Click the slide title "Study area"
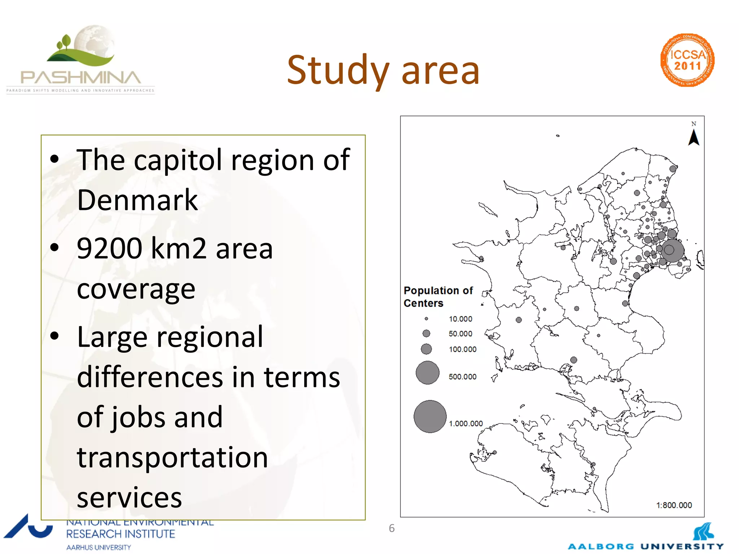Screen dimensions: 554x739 (383, 70)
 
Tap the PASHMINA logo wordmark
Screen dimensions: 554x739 (81, 78)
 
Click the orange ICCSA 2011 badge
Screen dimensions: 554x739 (687, 60)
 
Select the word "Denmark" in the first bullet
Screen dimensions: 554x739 (137, 200)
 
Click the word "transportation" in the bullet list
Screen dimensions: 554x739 (172, 457)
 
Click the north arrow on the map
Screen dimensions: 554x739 (694, 137)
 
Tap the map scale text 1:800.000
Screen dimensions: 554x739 (674, 505)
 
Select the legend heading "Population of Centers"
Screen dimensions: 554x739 (438, 296)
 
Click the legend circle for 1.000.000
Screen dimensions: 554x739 (430, 416)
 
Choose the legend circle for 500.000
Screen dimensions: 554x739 (427, 373)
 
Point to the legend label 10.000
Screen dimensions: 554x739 (460, 319)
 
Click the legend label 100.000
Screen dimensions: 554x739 (463, 349)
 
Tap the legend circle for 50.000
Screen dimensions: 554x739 (426, 333)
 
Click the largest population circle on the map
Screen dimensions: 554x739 (672, 250)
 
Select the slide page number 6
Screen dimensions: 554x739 (392, 528)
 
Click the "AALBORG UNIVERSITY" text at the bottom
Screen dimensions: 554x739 (646, 546)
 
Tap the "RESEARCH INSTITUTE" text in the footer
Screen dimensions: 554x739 (121, 534)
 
